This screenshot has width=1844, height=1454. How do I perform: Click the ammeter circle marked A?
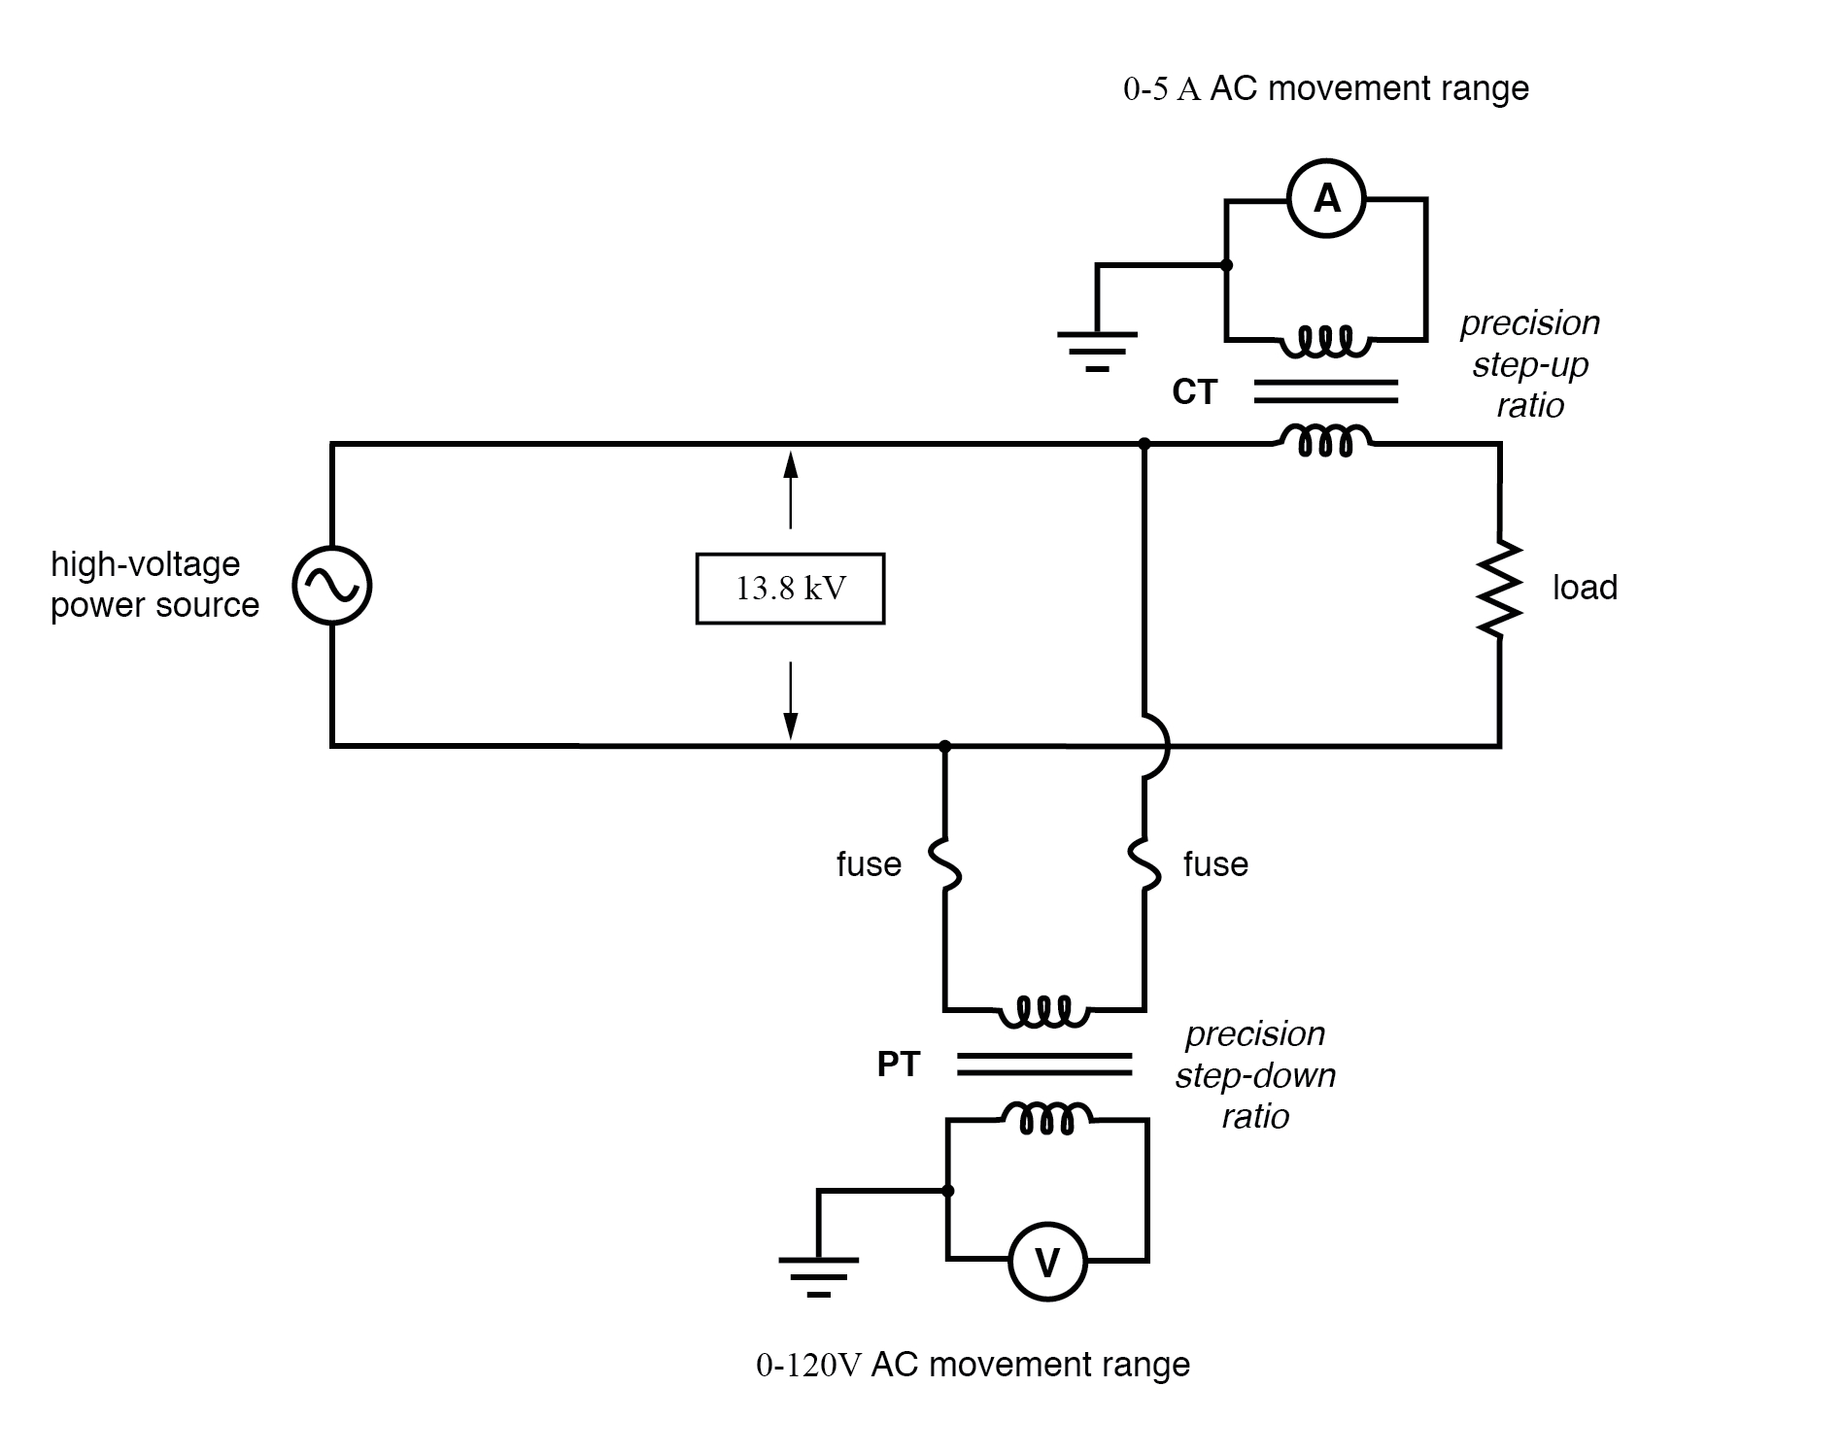[x=1326, y=199]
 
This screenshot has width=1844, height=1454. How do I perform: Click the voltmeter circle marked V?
[x=1047, y=1262]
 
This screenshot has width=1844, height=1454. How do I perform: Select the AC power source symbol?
[x=332, y=586]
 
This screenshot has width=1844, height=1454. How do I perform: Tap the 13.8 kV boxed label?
[x=790, y=589]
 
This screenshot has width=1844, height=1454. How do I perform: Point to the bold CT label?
[x=1194, y=392]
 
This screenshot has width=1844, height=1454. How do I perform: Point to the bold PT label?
[x=898, y=1065]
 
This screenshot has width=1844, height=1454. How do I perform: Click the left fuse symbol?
[x=945, y=863]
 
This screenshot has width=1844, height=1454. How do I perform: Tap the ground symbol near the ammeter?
[x=1097, y=350]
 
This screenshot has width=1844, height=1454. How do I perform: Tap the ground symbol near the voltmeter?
[x=819, y=1275]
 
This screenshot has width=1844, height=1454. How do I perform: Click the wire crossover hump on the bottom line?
[x=1158, y=746]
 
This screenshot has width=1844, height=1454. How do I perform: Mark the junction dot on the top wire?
[x=1144, y=444]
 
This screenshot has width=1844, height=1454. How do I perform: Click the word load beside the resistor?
[x=1585, y=588]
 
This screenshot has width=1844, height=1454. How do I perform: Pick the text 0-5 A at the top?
[x=1162, y=89]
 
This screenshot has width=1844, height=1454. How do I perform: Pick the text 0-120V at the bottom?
[x=808, y=1365]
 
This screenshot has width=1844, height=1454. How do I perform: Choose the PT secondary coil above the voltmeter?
[x=1046, y=1118]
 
